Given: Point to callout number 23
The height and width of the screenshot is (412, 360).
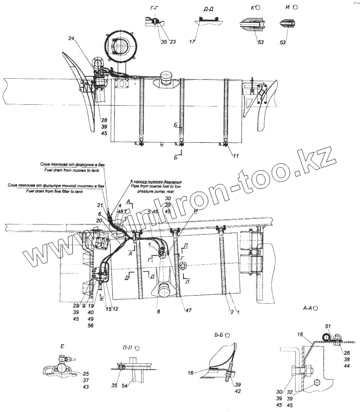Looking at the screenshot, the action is (x=172, y=42).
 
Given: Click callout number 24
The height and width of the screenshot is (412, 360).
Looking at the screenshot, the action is (x=71, y=39).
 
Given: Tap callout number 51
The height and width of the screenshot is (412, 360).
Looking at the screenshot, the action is (x=328, y=326).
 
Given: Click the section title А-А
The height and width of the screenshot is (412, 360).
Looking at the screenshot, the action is (x=309, y=308).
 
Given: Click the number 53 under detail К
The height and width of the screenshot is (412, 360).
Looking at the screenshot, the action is (x=261, y=42).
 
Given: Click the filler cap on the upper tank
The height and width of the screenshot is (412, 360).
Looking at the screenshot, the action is (x=164, y=81).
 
